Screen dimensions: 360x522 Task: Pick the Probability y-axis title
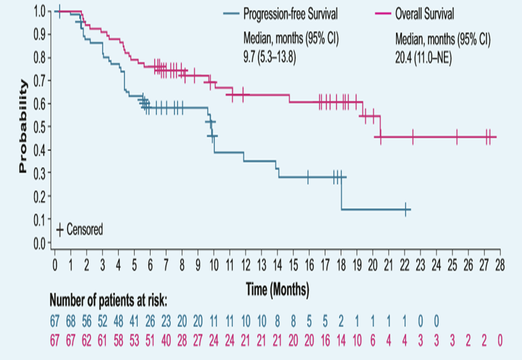click(x=23, y=127)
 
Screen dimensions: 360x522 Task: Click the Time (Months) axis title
click(x=277, y=290)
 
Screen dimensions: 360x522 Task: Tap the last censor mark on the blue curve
click(x=406, y=210)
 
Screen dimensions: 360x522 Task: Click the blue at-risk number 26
click(x=151, y=322)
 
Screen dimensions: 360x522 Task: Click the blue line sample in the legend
click(x=231, y=13)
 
